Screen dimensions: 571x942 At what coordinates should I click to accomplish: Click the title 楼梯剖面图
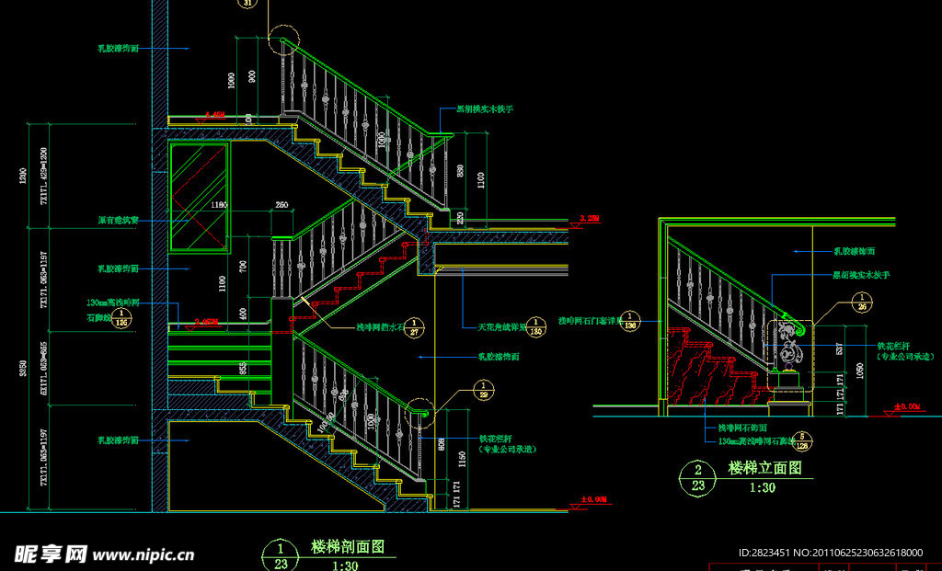(348, 546)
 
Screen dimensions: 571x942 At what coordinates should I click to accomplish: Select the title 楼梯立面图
(764, 468)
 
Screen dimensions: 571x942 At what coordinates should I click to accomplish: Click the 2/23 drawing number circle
(697, 477)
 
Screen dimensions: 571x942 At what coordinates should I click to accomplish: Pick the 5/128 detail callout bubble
(802, 442)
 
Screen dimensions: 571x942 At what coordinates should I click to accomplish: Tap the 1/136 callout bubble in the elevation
(631, 321)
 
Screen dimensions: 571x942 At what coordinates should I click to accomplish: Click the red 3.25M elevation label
(589, 218)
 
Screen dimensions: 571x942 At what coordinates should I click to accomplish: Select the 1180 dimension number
(217, 204)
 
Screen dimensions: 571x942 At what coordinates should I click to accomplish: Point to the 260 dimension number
(281, 204)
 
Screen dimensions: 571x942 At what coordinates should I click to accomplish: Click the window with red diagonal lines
(198, 195)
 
